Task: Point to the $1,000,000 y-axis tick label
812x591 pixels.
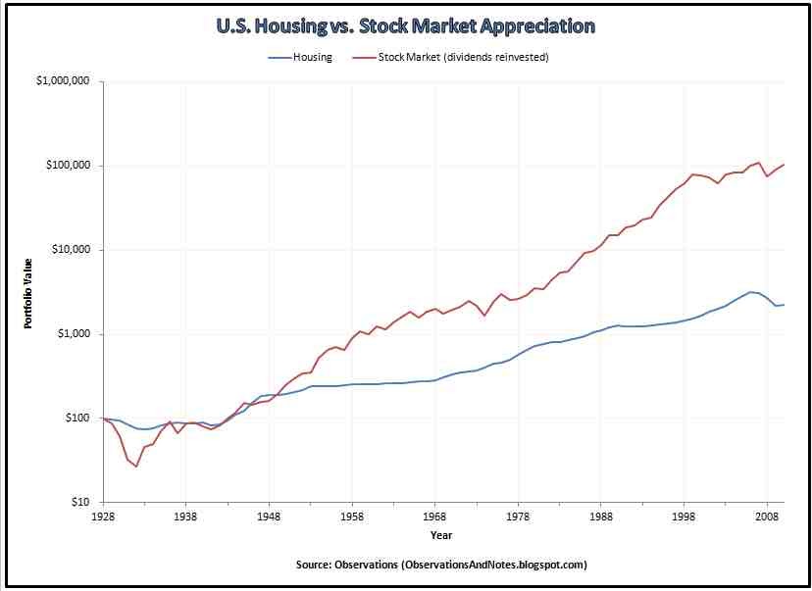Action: [x=63, y=81]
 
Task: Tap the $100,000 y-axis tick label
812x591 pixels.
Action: [x=67, y=166]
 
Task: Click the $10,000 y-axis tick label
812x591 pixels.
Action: [x=70, y=250]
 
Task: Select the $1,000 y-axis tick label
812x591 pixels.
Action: [x=73, y=334]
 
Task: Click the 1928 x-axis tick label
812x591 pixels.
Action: [x=103, y=516]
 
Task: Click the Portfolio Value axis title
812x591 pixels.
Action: [x=29, y=292]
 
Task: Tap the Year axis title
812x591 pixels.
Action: [x=441, y=535]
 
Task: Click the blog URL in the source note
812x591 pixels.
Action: [x=495, y=566]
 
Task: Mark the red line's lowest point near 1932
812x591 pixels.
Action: [x=136, y=467]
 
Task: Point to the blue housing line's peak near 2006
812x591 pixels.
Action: [x=751, y=292]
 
